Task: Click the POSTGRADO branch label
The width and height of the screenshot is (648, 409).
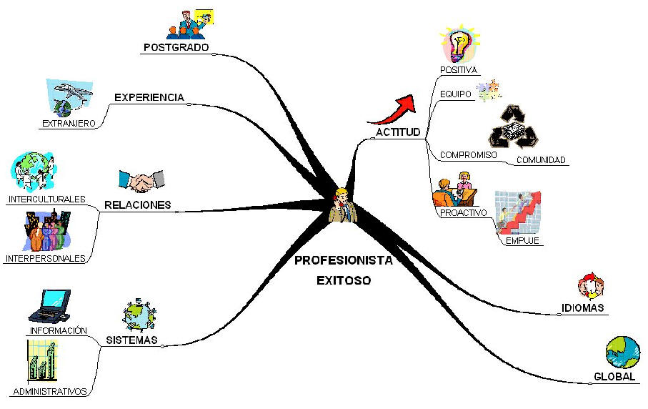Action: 176,48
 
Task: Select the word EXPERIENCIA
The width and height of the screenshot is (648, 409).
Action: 149,97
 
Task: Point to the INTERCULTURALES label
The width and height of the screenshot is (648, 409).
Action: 47,199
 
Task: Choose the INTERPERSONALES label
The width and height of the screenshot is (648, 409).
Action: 45,258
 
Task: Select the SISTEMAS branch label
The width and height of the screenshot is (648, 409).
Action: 131,340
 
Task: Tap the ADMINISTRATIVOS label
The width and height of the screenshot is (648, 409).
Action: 49,391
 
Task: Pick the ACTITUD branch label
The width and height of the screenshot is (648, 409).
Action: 398,132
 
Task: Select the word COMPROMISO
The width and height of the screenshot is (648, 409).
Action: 468,154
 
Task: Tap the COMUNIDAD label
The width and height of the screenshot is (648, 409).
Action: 541,159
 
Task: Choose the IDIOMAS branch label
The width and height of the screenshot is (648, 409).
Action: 583,308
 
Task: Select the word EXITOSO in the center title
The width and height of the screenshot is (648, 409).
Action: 344,280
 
